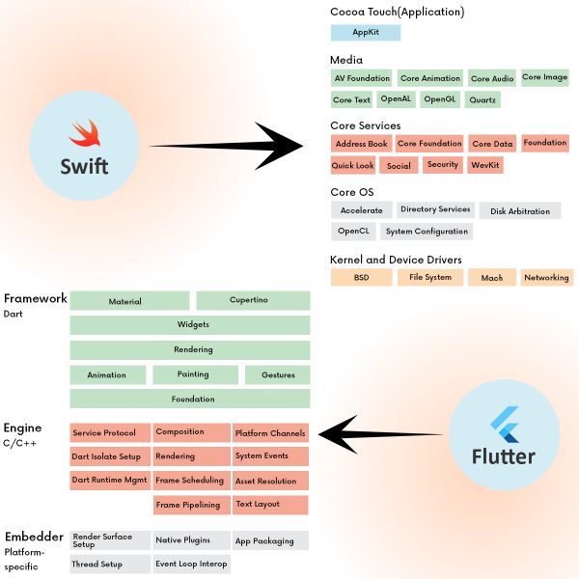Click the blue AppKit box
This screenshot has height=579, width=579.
tap(365, 33)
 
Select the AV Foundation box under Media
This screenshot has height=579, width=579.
tap(362, 78)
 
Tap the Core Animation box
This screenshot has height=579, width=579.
tap(430, 79)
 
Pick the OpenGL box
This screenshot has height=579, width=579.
tap(439, 99)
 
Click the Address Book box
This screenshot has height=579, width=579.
tap(361, 144)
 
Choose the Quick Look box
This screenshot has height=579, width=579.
tap(352, 165)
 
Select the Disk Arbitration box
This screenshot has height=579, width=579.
tap(519, 210)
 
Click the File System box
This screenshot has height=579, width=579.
tap(430, 277)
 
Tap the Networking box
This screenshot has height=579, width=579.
tap(545, 277)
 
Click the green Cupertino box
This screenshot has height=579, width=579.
tap(253, 301)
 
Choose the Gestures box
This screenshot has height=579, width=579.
tap(277, 374)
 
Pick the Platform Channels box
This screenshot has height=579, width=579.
tap(270, 433)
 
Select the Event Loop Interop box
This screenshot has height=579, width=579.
tap(193, 564)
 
